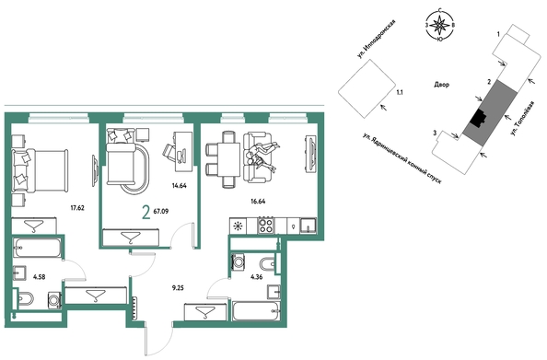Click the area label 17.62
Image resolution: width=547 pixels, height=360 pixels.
[x=77, y=209]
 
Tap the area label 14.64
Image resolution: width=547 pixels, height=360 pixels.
[x=180, y=186]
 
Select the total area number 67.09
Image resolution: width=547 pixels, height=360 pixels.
[x=161, y=211]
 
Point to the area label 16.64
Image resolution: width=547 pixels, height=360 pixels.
[x=258, y=201]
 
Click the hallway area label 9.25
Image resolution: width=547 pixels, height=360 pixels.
[x=178, y=288]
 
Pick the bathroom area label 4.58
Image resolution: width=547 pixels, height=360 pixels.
[x=39, y=277]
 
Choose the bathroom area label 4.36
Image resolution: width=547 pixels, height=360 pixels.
[x=256, y=277]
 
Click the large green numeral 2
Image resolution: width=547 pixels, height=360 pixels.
[x=146, y=213]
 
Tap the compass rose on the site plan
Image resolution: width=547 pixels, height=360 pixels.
[x=440, y=26]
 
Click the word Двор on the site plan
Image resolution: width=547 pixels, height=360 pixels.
[x=442, y=85]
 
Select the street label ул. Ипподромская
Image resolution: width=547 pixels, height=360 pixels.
[x=377, y=39]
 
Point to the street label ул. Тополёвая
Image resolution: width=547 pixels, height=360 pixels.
[x=521, y=118]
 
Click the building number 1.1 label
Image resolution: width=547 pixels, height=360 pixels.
[x=401, y=92]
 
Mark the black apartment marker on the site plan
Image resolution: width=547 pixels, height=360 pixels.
[x=478, y=118]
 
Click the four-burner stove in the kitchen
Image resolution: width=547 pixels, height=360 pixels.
[x=266, y=226]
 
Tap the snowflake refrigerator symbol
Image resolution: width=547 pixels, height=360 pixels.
[x=239, y=226]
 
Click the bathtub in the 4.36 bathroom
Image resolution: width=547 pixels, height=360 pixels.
[x=256, y=311]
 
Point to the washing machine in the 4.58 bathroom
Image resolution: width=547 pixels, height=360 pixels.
[x=54, y=300]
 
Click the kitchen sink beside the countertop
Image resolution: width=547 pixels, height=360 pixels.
[x=308, y=226]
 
